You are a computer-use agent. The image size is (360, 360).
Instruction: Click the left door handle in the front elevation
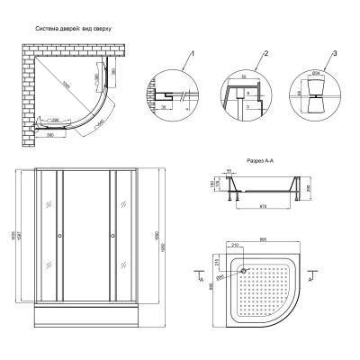click(59, 238)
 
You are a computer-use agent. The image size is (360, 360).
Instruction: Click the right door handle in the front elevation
click(112, 238)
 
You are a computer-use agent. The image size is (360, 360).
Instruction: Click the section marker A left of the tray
click(196, 283)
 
